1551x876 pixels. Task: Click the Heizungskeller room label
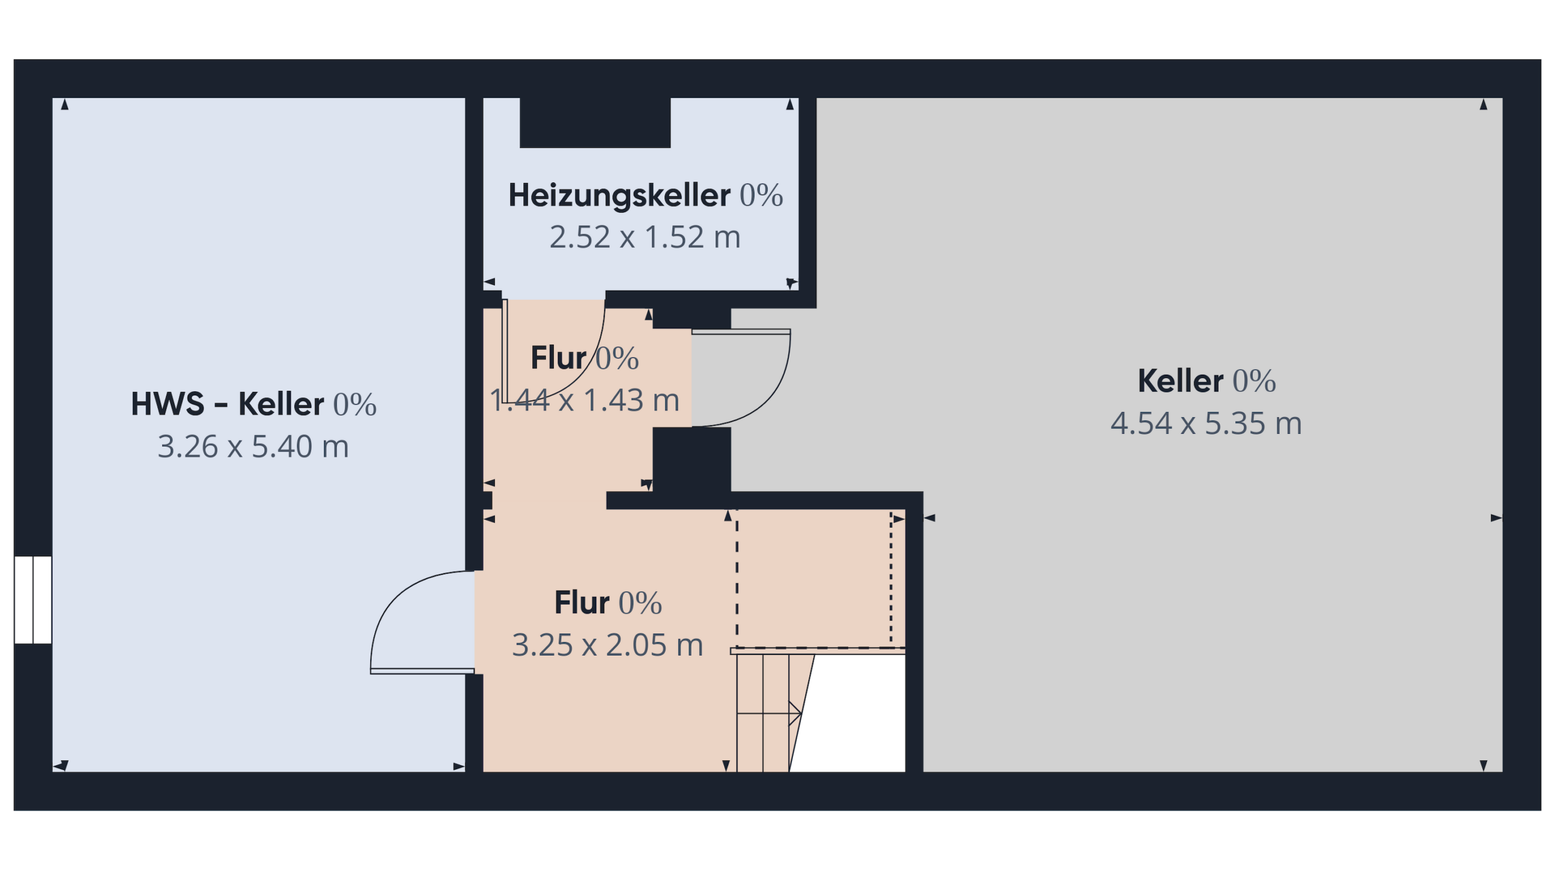[x=619, y=195]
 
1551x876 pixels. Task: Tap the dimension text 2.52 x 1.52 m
[x=645, y=237]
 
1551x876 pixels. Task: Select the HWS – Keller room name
[x=227, y=404]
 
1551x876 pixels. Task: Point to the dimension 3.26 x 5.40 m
[x=253, y=446]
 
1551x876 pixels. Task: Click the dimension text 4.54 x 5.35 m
[x=1206, y=423]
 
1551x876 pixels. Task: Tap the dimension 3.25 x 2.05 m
[x=607, y=645]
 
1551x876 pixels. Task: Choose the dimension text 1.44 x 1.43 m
[x=584, y=400]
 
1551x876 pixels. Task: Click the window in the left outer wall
[x=33, y=599]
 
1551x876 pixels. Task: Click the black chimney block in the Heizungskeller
[x=595, y=122]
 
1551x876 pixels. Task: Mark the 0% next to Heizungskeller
[x=761, y=195]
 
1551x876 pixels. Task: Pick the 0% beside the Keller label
[x=1254, y=381]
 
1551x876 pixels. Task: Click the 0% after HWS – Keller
[x=354, y=405]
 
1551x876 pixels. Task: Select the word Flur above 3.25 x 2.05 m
[x=582, y=603]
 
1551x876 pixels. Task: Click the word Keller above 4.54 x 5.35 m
[x=1180, y=381]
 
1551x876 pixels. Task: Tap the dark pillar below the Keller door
[x=692, y=459]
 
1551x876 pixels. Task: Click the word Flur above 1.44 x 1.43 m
[x=559, y=358]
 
